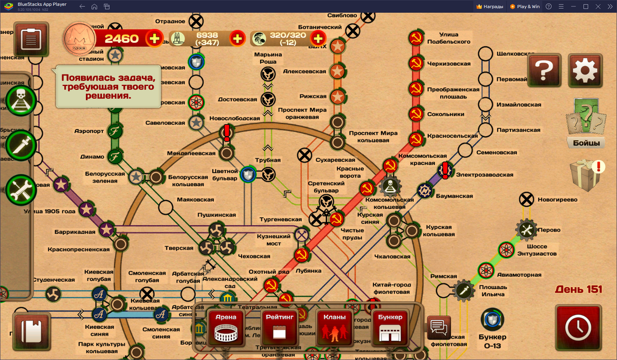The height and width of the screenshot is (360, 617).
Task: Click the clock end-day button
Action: click(x=578, y=328)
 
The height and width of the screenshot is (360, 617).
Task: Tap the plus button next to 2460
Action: click(x=154, y=38)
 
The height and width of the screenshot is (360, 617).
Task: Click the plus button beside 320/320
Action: click(x=318, y=38)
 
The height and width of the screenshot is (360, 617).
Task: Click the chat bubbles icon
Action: click(x=439, y=327)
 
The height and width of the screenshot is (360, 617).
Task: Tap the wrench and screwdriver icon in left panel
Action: click(x=21, y=190)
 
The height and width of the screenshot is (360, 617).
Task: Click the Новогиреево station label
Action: click(x=557, y=200)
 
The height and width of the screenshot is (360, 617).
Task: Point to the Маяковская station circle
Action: click(x=166, y=207)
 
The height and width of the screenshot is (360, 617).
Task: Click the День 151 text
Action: click(x=578, y=290)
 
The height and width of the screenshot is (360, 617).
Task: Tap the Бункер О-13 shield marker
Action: click(x=492, y=319)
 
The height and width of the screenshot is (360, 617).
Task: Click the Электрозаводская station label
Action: click(x=484, y=175)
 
